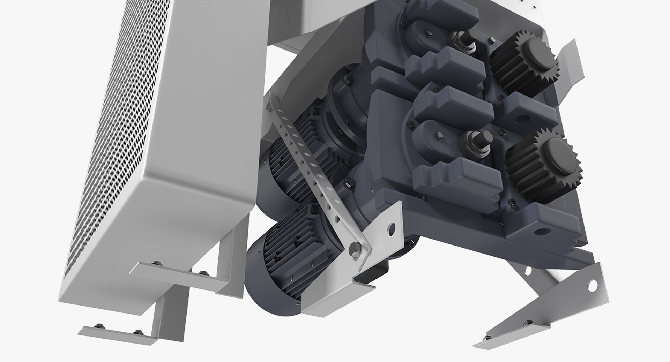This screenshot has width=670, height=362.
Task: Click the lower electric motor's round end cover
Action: tap(265, 279)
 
